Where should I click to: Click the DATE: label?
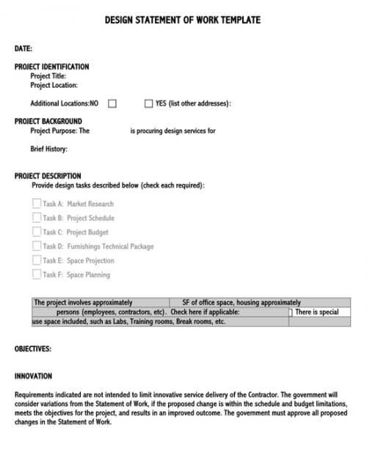click(23, 48)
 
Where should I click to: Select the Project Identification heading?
click(51, 67)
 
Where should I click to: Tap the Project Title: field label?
click(48, 75)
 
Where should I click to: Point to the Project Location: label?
click(54, 85)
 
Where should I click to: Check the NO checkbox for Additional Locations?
click(112, 103)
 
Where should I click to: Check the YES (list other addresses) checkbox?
click(149, 103)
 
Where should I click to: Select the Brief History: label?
click(48, 150)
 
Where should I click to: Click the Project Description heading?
click(48, 177)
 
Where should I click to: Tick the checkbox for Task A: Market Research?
click(37, 204)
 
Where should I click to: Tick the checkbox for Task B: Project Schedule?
click(37, 218)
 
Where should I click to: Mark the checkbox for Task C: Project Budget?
click(37, 232)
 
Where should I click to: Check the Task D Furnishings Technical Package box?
click(37, 246)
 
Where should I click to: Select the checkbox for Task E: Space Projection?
click(37, 260)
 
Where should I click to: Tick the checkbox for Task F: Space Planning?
click(37, 274)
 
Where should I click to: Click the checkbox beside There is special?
click(291, 312)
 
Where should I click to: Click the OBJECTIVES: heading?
click(33, 349)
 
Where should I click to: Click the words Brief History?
click(48, 150)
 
